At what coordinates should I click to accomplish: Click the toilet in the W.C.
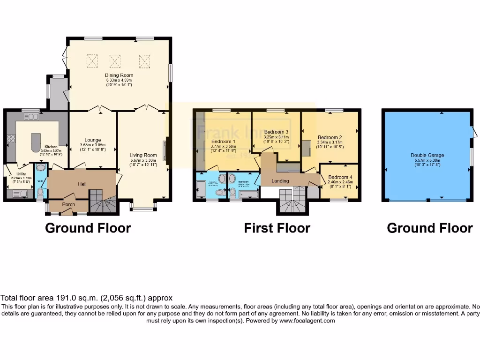[40, 193]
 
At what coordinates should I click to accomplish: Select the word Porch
[68, 204]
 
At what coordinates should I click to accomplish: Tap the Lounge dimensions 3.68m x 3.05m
[92, 145]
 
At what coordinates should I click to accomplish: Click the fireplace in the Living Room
[165, 150]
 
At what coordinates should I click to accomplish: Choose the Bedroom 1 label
[223, 141]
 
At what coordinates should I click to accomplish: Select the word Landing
[280, 181]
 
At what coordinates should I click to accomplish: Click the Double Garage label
[427, 155]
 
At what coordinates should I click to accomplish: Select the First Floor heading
[277, 228]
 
